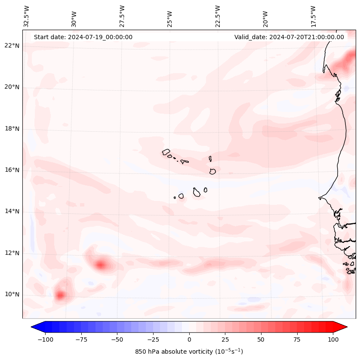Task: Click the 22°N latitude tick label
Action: pyautogui.click(x=12, y=46)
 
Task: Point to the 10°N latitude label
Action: pyautogui.click(x=12, y=294)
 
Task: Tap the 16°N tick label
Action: pyautogui.click(x=12, y=170)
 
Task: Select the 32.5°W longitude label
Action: pyautogui.click(x=27, y=15)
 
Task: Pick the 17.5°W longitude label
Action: pyautogui.click(x=313, y=15)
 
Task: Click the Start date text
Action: pyautogui.click(x=83, y=37)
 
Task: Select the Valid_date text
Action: pyautogui.click(x=289, y=37)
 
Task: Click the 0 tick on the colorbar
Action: pyautogui.click(x=189, y=339)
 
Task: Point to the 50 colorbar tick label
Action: pyautogui.click(x=261, y=339)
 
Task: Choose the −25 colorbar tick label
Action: pyautogui.click(x=153, y=339)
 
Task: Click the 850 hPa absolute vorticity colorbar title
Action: pyautogui.click(x=189, y=352)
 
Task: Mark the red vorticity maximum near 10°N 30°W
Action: pyautogui.click(x=60, y=295)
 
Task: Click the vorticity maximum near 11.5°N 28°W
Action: pyautogui.click(x=101, y=265)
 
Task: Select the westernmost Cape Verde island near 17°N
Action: pyautogui.click(x=166, y=152)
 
